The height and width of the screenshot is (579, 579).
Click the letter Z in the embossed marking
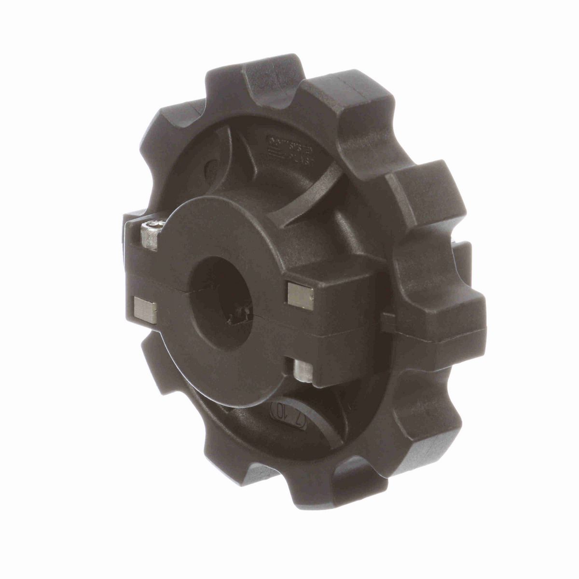pyautogui.click(x=300, y=420)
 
